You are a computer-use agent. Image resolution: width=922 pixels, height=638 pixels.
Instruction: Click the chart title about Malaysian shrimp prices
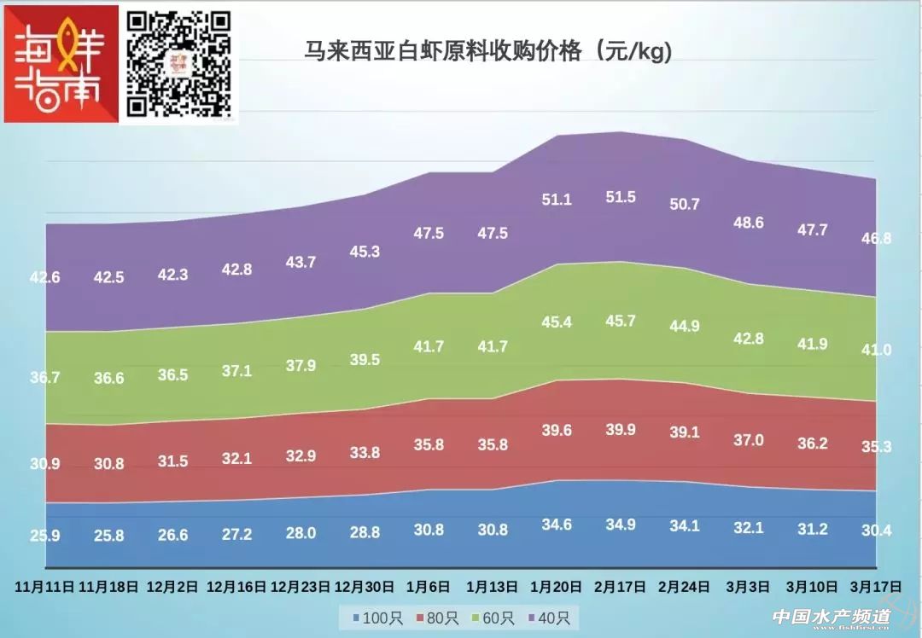489,52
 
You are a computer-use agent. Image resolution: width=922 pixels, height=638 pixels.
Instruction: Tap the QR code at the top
179,63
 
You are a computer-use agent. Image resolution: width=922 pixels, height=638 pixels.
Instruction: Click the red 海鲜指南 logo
61,63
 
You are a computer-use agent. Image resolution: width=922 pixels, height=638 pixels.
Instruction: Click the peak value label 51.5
621,197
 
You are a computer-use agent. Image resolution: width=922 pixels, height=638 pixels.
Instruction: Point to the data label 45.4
557,322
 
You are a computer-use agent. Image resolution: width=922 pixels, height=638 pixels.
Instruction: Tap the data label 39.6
557,431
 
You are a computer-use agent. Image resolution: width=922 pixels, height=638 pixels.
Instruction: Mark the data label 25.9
44,536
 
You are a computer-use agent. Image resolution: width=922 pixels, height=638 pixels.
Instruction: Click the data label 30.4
875,531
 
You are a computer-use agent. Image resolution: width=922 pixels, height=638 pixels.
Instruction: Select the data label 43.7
300,262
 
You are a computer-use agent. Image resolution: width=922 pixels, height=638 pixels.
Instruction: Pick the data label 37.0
748,440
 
